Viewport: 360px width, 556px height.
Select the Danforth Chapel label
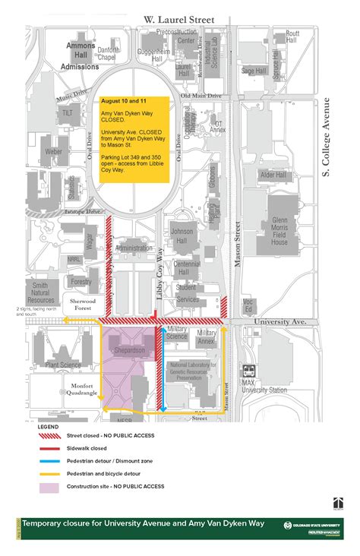[x=109, y=52]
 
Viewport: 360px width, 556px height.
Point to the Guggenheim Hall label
[x=153, y=53]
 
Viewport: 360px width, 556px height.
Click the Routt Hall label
[x=292, y=37]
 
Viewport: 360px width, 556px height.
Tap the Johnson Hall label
[x=182, y=235]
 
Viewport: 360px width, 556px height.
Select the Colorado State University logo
[x=312, y=526]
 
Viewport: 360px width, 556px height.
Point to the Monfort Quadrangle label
[x=80, y=388]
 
